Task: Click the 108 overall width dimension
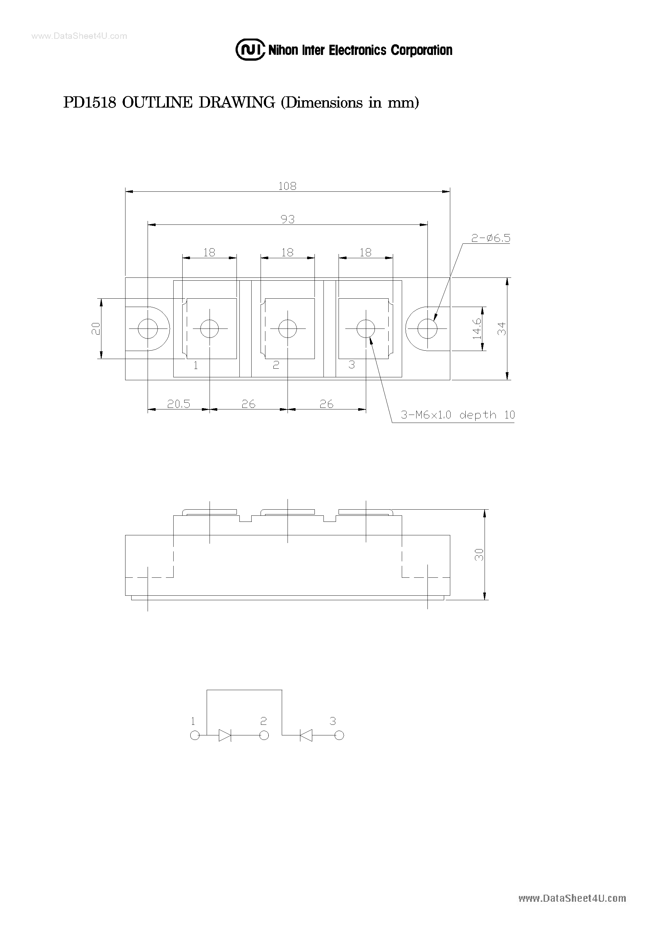287,186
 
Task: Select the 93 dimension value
287,219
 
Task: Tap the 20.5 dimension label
179,404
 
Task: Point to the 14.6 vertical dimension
477,329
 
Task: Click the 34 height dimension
502,329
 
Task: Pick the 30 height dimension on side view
479,555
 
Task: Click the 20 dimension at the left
96,329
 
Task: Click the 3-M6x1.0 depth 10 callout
457,415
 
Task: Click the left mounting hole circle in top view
148,329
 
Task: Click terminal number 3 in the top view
351,365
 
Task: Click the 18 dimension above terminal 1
209,252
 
